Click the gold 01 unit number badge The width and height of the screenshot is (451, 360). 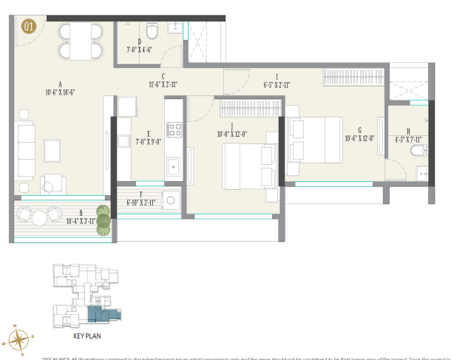pos(29,27)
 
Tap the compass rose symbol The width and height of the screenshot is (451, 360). pos(18,339)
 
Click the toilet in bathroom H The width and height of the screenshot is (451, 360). pos(418,152)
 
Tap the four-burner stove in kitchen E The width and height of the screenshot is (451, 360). pos(174,130)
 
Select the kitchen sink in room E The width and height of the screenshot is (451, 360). pos(174,166)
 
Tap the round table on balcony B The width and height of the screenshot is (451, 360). pos(37,216)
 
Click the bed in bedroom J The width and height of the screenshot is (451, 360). pos(250,166)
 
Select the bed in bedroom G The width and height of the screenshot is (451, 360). pos(315,139)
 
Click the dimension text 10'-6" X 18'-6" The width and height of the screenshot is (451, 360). pos(59,93)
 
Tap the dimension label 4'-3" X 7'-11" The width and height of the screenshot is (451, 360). pos(407,139)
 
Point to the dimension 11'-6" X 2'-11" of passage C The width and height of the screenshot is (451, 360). pos(162,84)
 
